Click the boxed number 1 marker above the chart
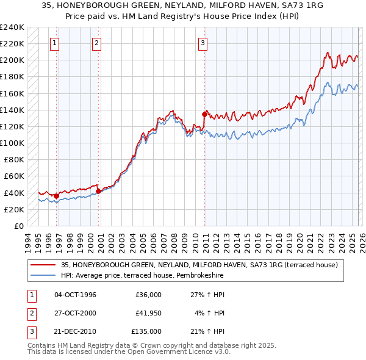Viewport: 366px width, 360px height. [x=55, y=43]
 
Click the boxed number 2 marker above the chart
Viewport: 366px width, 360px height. [x=97, y=43]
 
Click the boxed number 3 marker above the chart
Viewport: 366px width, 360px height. [x=203, y=43]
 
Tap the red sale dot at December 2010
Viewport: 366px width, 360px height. [x=204, y=113]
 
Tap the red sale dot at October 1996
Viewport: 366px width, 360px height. [x=56, y=196]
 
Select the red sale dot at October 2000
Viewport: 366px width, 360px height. [x=98, y=191]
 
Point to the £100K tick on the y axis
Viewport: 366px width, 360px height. [x=12, y=143]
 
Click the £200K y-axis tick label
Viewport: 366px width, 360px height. [x=12, y=60]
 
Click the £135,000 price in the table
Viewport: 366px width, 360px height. [x=147, y=331]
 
